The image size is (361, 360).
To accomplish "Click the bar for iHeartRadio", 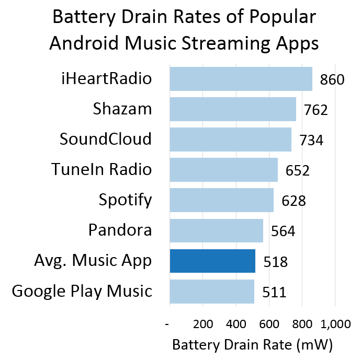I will pos(241,79).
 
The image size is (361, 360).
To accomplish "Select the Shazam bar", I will pos(233,109).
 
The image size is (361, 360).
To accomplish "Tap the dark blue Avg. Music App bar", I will pos(212,261).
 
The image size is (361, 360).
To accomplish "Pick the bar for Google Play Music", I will pos(212,291).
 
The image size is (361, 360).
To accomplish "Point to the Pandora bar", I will pos(216,230).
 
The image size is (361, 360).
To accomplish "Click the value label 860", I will pos(332,80).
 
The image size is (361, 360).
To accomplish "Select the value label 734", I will pos(311,140).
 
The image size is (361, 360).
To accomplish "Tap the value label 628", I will pos(294,201).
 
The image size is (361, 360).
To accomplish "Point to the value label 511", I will pos(274,292).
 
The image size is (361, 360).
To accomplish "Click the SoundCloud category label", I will pos(105,140).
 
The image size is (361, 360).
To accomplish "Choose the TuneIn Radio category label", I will pos(101,169).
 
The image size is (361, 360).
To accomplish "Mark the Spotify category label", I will pos(125,200).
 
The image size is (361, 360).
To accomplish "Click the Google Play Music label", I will pos(82,291).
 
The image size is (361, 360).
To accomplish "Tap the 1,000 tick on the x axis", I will pos(335,324).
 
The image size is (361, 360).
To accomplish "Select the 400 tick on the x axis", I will pos(236,324).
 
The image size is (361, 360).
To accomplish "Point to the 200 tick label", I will pos(203,324).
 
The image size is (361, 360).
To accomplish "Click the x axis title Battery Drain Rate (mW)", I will pos(252,345).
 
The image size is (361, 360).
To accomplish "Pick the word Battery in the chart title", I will pos(85,17).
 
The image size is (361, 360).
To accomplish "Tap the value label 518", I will pos(276,261).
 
